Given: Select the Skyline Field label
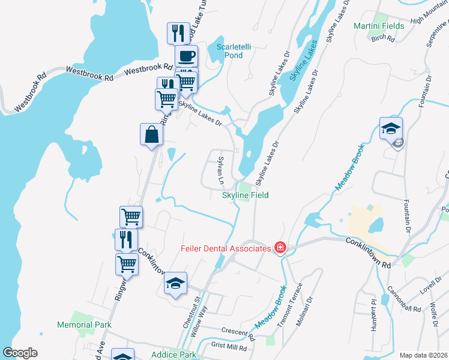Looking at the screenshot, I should [x=246, y=196].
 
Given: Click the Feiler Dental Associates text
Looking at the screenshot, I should [x=226, y=248].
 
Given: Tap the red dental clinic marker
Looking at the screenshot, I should [x=279, y=247].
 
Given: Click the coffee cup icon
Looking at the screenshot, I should [x=186, y=57].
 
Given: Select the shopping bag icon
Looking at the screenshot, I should [x=151, y=135].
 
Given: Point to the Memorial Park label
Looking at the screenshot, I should [x=84, y=325].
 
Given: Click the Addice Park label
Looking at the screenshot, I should [x=174, y=355].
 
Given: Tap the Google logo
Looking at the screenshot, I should [x=20, y=353].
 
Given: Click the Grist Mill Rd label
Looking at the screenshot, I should [x=229, y=346].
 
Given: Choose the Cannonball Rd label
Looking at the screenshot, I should [x=403, y=301].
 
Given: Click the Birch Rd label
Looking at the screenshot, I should [x=382, y=38].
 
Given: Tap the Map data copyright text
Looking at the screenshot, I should [x=423, y=355].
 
